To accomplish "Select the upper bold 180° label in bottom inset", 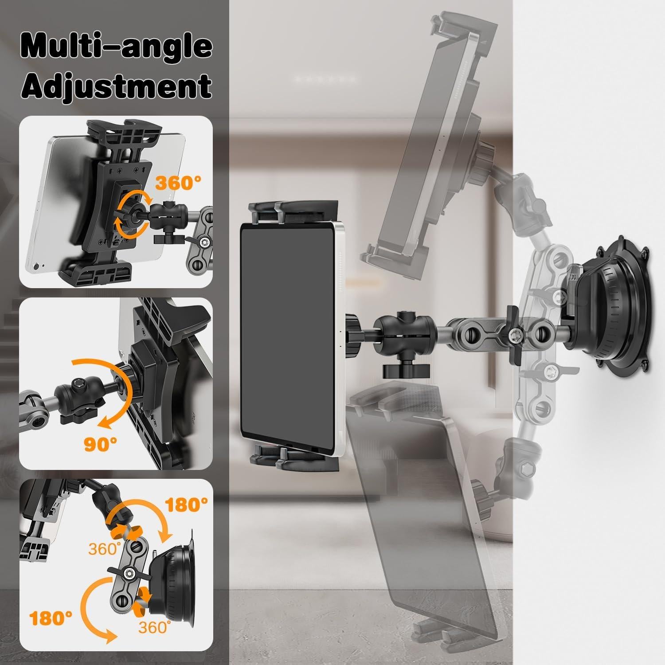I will (x=186, y=505).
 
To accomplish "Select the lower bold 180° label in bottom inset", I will (x=50, y=618).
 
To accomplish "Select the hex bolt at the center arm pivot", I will (x=515, y=334).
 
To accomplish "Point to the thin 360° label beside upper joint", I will (x=105, y=548).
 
